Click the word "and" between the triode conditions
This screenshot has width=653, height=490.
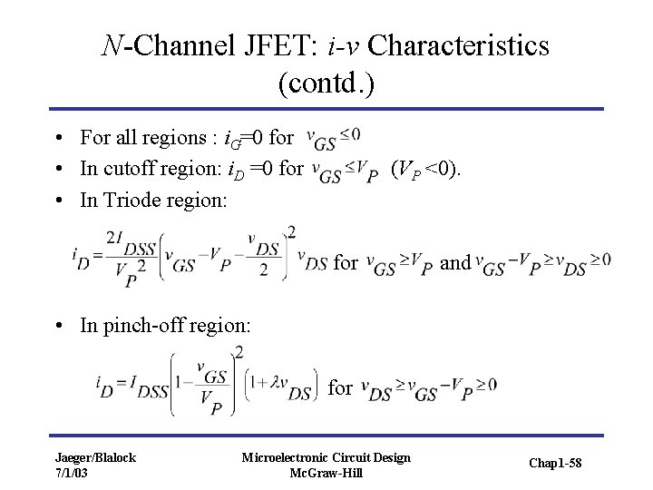tap(454, 262)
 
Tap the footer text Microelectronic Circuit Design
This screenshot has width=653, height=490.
tap(326, 457)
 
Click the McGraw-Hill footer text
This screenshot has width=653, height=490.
tap(326, 472)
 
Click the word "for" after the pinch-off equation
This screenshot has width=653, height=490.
tap(340, 387)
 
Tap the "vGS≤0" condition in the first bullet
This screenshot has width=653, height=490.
tap(334, 138)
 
